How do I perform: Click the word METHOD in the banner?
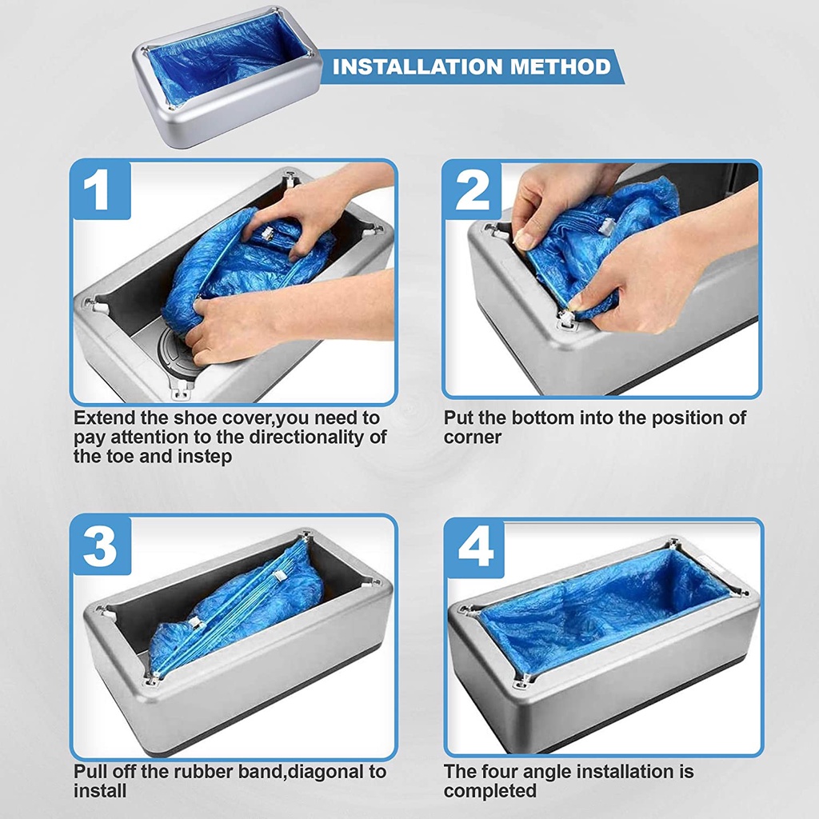click(560, 66)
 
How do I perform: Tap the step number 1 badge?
click(101, 190)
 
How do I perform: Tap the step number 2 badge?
click(473, 190)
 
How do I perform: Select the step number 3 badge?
click(101, 545)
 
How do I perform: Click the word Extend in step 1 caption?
click(106, 417)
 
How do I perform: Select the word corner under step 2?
click(472, 437)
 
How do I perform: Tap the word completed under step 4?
click(490, 791)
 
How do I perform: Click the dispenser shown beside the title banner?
click(226, 78)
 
